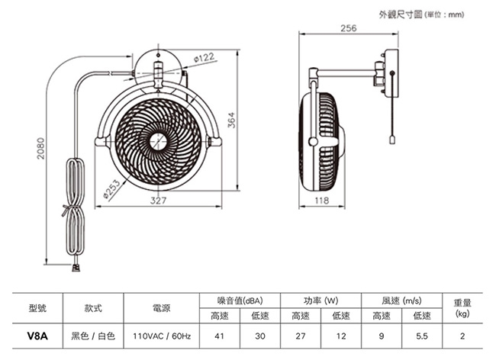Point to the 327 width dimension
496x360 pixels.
tap(158, 201)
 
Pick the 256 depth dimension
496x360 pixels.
tap(349, 29)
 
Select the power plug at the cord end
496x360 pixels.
tap(75, 267)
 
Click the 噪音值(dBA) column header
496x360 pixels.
tap(240, 301)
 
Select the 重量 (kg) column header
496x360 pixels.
tap(462, 307)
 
